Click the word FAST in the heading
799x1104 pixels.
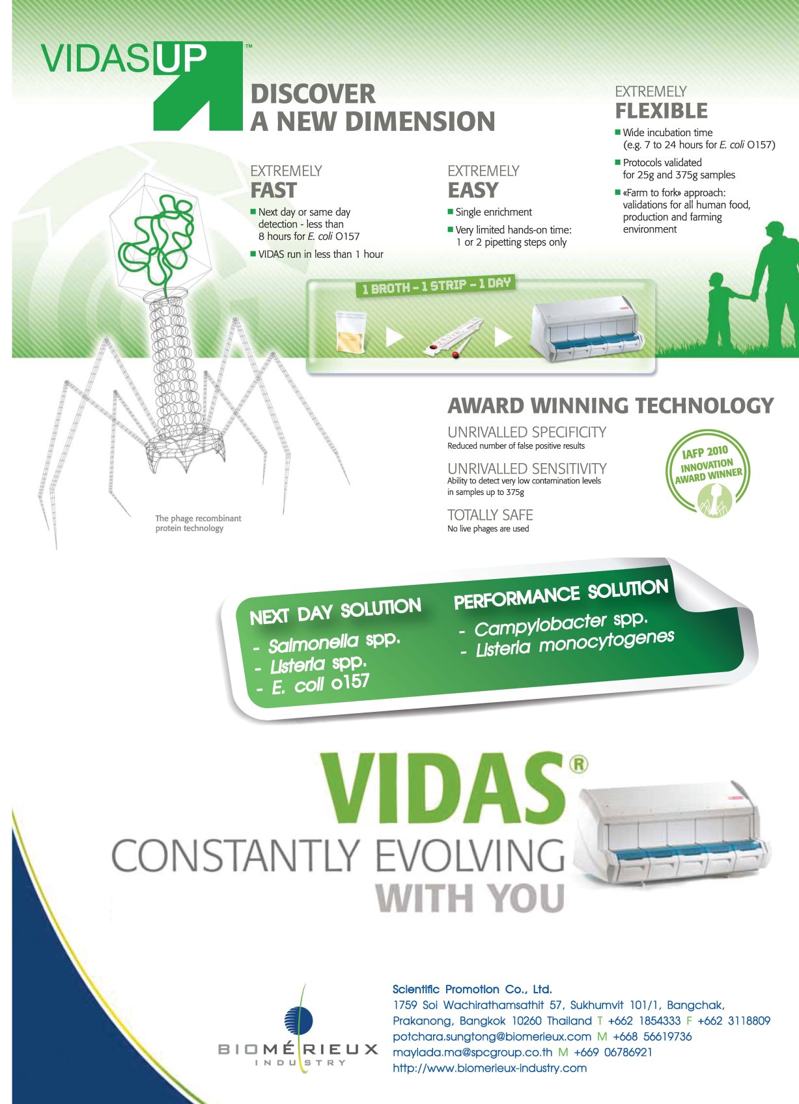(x=273, y=190)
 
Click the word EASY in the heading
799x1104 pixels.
(x=473, y=190)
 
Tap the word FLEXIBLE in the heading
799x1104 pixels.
(x=661, y=111)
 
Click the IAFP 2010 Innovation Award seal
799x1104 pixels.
(x=708, y=473)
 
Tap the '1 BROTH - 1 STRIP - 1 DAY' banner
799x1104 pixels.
(x=436, y=286)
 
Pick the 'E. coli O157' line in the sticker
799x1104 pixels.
(x=320, y=685)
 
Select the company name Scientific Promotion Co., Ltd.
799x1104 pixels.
(x=472, y=989)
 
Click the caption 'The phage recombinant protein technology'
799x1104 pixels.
(x=198, y=523)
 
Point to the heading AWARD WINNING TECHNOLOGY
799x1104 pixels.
(x=610, y=406)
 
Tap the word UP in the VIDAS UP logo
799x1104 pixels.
(x=181, y=59)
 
